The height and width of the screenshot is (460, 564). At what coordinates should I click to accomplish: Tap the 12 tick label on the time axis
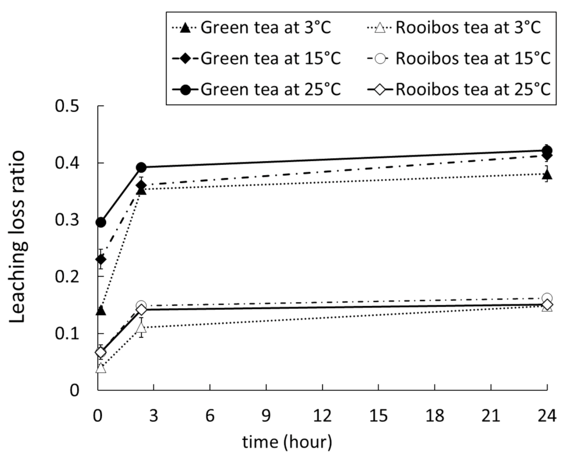(x=322, y=416)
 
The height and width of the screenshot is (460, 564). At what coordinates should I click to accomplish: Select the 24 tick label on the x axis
(x=547, y=416)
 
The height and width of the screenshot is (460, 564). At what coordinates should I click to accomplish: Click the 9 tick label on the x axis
(x=266, y=416)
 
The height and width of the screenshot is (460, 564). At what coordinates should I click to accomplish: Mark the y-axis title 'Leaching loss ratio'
(x=18, y=237)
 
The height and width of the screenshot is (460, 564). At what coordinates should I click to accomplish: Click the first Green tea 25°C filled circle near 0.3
(x=101, y=223)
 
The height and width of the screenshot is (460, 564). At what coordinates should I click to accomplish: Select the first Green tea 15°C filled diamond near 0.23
(x=101, y=259)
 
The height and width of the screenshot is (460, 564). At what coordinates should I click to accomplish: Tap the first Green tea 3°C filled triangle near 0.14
(x=101, y=311)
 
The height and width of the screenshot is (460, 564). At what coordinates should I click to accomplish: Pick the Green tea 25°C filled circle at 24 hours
(x=547, y=150)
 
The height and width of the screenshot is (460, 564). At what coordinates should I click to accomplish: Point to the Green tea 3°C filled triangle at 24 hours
(x=547, y=174)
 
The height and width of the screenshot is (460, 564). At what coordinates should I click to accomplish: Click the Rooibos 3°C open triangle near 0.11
(x=141, y=327)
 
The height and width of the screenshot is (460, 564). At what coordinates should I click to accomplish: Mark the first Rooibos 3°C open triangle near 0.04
(x=101, y=368)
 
